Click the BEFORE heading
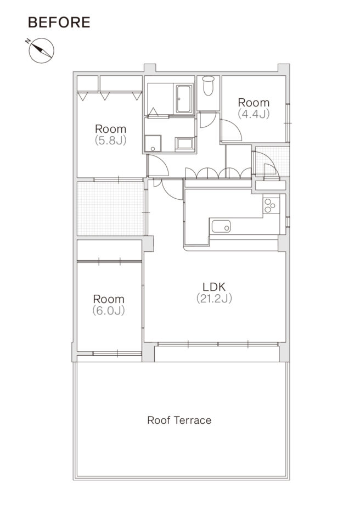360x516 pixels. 59,23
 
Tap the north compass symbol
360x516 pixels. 41,51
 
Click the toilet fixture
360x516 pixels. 208,86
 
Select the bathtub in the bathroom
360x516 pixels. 184,99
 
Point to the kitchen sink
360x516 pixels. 221,226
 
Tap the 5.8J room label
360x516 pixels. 110,134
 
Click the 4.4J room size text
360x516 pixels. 254,114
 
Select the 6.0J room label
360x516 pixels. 109,305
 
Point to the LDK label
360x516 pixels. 214,287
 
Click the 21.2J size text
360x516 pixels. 214,299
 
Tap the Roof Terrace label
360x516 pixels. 179,420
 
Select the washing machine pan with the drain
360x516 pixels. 153,143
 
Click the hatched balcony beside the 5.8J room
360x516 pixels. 110,208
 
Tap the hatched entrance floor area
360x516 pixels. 272,161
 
